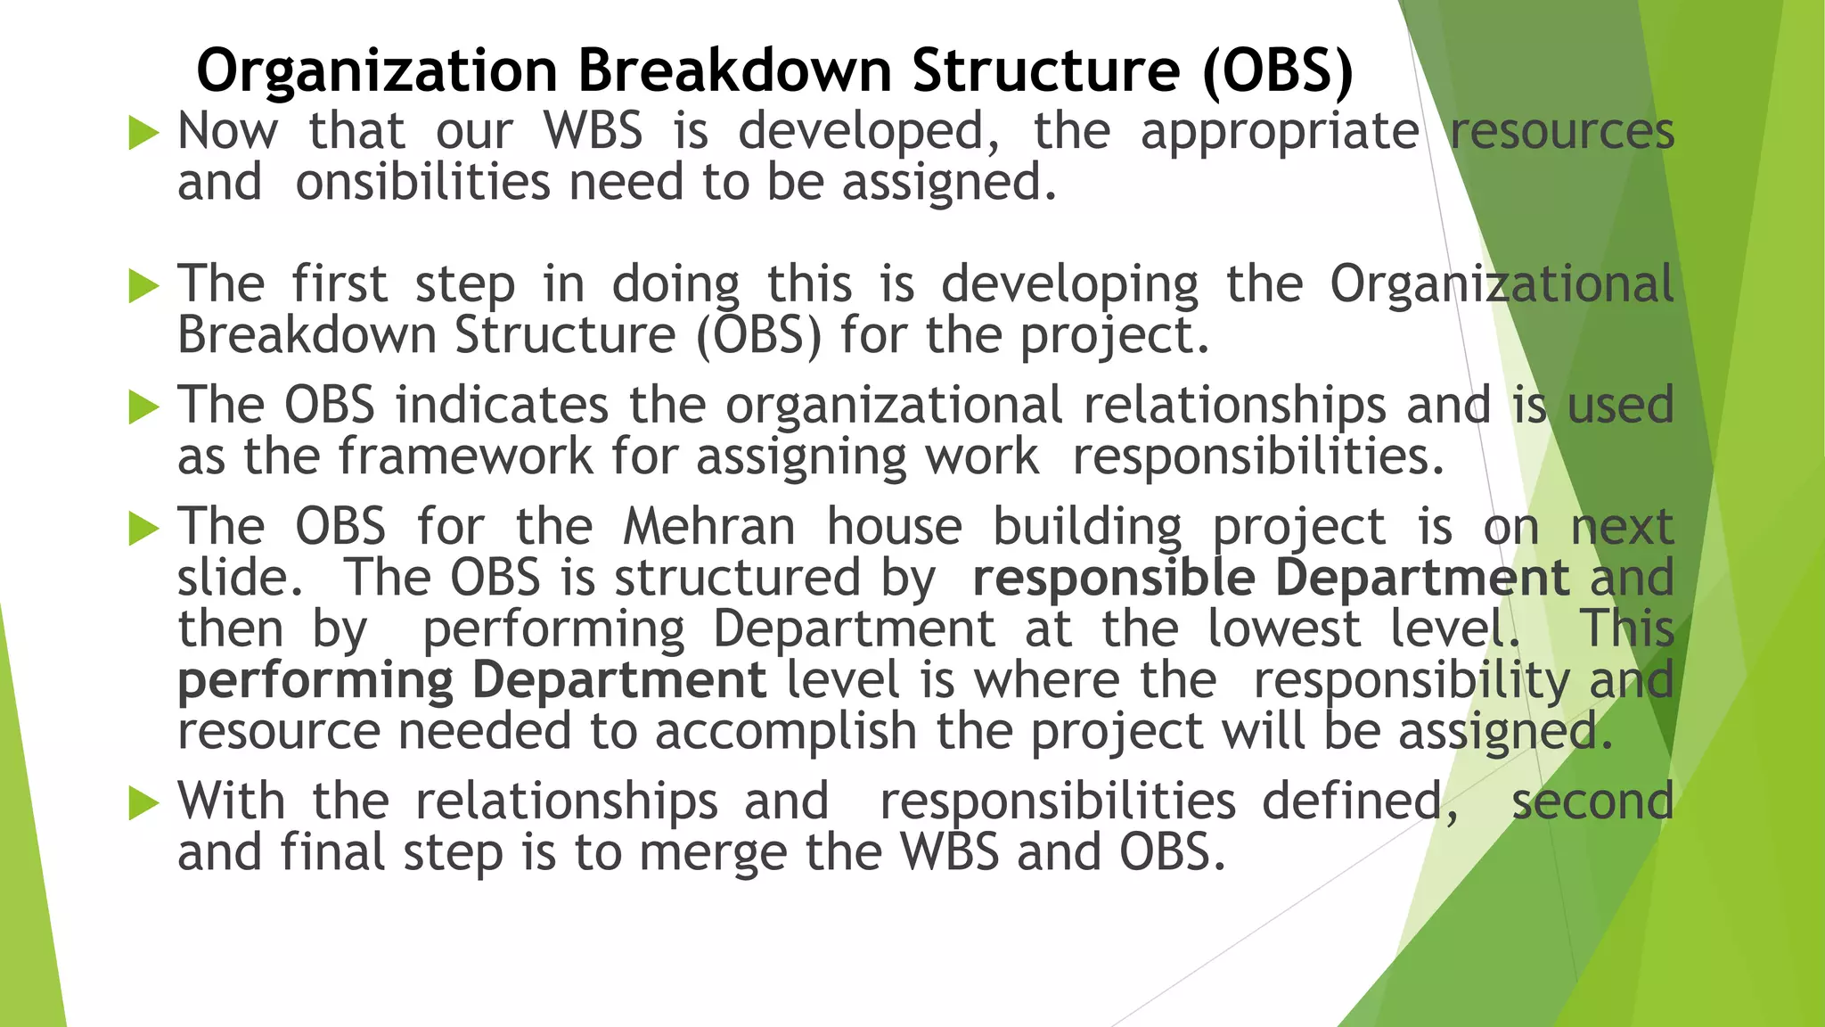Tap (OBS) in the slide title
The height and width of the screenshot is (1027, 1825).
point(1277,70)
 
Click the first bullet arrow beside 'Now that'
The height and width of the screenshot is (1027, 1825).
point(143,134)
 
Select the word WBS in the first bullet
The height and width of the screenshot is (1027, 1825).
point(593,131)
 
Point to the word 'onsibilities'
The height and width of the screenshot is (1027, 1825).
point(422,183)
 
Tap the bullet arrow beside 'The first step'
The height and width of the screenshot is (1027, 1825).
point(143,287)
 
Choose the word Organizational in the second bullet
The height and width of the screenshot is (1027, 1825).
point(1502,285)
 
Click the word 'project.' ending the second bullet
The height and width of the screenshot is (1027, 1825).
point(1114,337)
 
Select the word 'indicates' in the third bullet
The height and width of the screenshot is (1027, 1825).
point(502,406)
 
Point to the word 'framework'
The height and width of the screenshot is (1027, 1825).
point(465,457)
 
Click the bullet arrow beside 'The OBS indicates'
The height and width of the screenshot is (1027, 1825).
point(143,408)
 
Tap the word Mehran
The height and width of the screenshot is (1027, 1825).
point(709,527)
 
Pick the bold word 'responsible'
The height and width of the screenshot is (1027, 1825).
point(1114,579)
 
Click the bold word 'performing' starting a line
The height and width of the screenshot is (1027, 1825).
point(315,682)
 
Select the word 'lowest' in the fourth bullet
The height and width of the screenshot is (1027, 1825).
point(1284,629)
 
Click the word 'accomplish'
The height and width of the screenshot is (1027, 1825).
point(786,733)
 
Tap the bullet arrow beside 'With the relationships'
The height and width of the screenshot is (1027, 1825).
point(143,804)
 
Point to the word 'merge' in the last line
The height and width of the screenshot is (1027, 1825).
point(713,854)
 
